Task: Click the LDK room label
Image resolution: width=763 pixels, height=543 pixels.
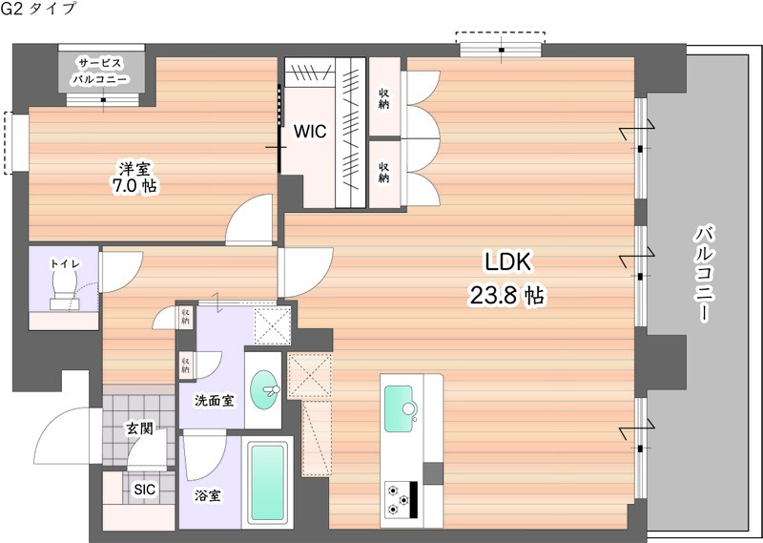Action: [508, 262]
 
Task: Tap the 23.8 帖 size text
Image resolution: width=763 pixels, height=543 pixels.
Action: [506, 295]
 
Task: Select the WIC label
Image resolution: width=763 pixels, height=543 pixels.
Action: [309, 131]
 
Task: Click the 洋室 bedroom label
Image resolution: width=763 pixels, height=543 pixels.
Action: [134, 169]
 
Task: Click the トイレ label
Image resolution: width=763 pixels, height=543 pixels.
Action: [65, 263]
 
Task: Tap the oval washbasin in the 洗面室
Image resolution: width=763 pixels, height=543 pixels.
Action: [264, 389]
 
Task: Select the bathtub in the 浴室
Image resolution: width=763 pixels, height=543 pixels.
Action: [266, 482]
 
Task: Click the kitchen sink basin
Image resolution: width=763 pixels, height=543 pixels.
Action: [399, 408]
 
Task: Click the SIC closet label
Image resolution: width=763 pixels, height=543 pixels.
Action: [144, 489]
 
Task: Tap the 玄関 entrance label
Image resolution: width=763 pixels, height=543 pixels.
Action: [139, 428]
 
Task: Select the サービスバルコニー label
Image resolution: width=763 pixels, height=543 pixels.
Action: [101, 71]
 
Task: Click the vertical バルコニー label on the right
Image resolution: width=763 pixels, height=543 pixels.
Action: [705, 273]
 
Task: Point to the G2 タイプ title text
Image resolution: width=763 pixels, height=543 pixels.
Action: [38, 9]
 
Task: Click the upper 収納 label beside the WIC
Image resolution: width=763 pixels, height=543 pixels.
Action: [384, 99]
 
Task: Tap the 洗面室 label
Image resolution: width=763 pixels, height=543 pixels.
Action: [215, 400]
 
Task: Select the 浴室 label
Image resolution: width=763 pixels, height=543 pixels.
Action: [208, 495]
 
